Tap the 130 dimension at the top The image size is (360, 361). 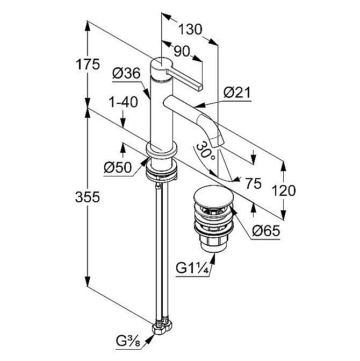[x=190, y=30]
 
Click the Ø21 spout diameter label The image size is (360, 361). [x=237, y=93]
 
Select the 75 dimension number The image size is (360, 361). [x=253, y=183]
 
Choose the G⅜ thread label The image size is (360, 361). [x=129, y=339]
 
